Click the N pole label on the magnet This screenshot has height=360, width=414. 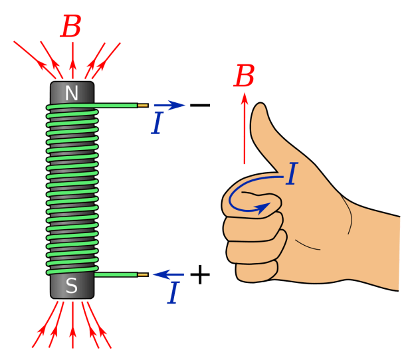click(72, 94)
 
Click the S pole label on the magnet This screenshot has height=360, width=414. click(72, 286)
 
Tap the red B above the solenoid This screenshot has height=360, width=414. click(71, 27)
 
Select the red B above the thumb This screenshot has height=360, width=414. click(244, 76)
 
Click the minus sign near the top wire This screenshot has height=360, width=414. click(199, 105)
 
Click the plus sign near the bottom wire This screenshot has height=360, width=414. click(199, 274)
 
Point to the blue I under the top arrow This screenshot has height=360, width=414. click(157, 124)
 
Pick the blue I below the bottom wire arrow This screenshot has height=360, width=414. click(173, 293)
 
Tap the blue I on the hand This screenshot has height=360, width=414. click(290, 174)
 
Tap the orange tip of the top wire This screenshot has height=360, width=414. click(143, 105)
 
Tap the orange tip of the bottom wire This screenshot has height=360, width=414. click(143, 274)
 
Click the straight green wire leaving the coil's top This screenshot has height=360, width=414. click(116, 105)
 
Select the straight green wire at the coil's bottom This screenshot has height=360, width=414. click(116, 274)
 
